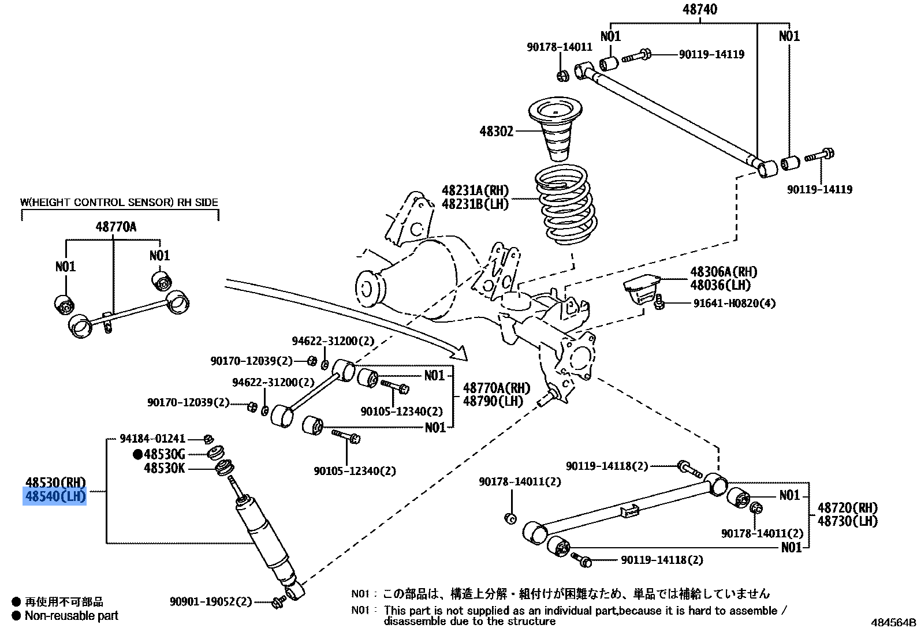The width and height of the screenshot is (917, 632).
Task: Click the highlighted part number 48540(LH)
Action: [x=55, y=496]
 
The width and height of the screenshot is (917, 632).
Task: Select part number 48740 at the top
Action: [x=699, y=9]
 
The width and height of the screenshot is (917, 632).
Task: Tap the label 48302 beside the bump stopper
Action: [x=496, y=132]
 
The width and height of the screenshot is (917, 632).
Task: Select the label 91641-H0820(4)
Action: [x=734, y=304]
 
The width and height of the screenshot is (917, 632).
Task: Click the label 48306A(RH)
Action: [x=723, y=272]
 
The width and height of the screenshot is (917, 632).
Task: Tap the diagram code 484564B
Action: [x=893, y=623]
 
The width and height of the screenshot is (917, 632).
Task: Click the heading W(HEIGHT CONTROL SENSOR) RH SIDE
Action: [x=120, y=203]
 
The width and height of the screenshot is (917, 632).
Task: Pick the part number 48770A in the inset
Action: [x=116, y=227]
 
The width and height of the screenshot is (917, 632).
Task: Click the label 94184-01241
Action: [x=152, y=439]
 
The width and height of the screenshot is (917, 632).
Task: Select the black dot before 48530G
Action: [x=137, y=455]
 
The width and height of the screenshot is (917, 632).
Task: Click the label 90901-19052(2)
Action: [x=211, y=602]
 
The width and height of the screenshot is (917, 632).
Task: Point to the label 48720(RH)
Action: [x=847, y=508]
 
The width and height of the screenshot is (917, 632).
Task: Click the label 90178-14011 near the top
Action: [x=559, y=47]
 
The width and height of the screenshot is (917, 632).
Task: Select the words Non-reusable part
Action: [x=71, y=616]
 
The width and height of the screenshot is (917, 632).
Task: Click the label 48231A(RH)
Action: [x=475, y=190]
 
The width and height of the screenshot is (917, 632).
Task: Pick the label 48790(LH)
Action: [x=493, y=402]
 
